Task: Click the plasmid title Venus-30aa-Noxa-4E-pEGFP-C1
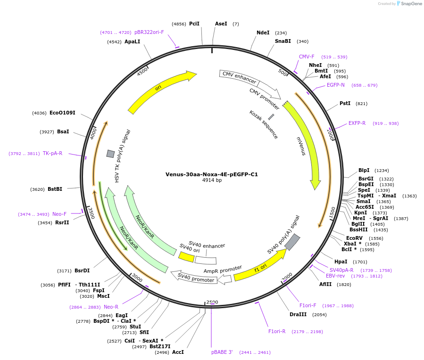click(x=211, y=174)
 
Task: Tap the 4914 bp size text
click(x=212, y=180)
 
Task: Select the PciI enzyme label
click(x=194, y=24)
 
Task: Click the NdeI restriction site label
click(x=263, y=33)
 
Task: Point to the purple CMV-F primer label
click(x=307, y=57)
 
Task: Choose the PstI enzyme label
click(x=345, y=103)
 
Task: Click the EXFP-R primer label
click(x=357, y=123)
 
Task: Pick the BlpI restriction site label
click(x=364, y=170)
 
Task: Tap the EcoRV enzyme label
click(x=354, y=238)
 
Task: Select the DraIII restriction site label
click(x=298, y=314)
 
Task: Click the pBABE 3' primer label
click(x=222, y=352)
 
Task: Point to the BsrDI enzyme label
click(x=82, y=270)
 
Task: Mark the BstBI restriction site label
click(x=55, y=189)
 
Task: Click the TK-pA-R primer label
click(x=52, y=153)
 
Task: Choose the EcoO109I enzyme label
click(x=62, y=113)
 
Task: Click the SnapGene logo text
click(x=411, y=4)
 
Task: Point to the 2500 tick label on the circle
click(x=212, y=302)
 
